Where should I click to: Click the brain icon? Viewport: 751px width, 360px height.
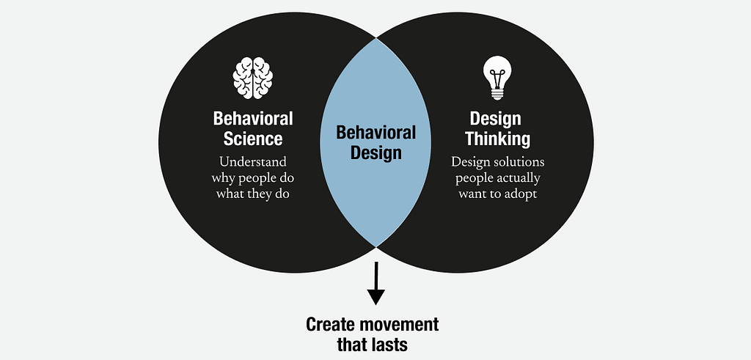(x=253, y=78)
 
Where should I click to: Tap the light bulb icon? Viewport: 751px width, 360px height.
(x=497, y=78)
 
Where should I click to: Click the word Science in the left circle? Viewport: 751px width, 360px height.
(x=253, y=139)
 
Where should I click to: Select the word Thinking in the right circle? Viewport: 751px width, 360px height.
(x=498, y=139)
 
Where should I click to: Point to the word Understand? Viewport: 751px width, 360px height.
(x=253, y=161)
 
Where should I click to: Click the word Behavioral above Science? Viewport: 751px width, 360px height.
(x=253, y=118)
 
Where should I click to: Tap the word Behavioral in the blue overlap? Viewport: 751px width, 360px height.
(x=376, y=133)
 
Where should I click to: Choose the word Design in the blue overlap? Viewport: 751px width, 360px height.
(x=376, y=153)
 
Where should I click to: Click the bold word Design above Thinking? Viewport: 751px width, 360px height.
(x=495, y=119)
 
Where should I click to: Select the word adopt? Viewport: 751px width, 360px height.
(x=520, y=195)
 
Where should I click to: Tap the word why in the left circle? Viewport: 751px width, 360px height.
(x=221, y=179)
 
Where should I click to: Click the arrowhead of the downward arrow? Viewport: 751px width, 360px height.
(x=376, y=297)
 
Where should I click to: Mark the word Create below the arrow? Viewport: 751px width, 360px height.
(x=328, y=325)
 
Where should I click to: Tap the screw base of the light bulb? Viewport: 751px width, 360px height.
(x=497, y=94)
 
